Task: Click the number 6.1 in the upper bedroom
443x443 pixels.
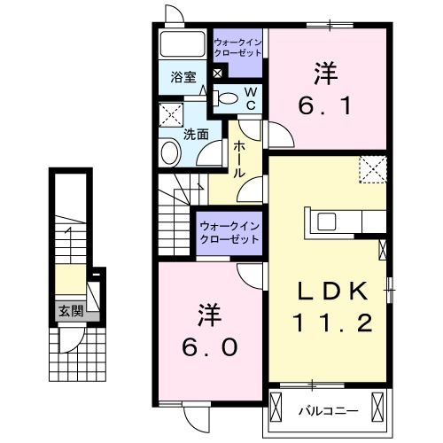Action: [x=328, y=107]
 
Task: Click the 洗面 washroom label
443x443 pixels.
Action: [x=195, y=135]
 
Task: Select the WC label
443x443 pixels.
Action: [x=251, y=99]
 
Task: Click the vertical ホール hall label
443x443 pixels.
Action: [x=240, y=162]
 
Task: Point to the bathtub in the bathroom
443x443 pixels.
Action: [x=184, y=44]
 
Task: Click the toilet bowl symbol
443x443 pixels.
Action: [x=228, y=98]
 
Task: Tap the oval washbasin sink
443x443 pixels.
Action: [x=170, y=152]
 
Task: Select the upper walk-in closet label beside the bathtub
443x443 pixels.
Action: [x=237, y=45]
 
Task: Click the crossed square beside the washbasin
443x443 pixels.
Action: [x=170, y=115]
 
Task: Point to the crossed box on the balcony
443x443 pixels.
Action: [x=376, y=408]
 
